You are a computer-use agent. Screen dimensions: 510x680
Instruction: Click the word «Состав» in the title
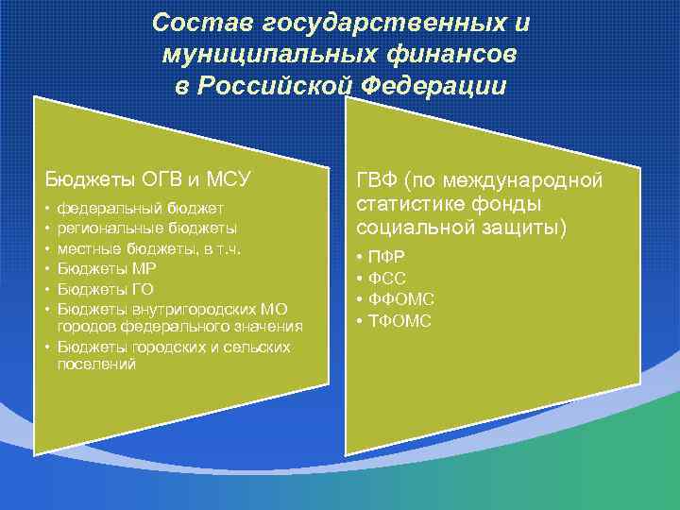point(195,22)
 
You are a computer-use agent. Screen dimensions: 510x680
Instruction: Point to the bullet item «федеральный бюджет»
point(140,208)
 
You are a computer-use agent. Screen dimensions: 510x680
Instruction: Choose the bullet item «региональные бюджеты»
point(146,228)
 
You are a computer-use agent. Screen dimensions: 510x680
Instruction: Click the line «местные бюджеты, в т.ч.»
point(149,247)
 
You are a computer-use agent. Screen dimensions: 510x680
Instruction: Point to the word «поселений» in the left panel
point(96,364)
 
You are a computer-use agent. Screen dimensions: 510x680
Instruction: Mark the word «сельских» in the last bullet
point(258,347)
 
